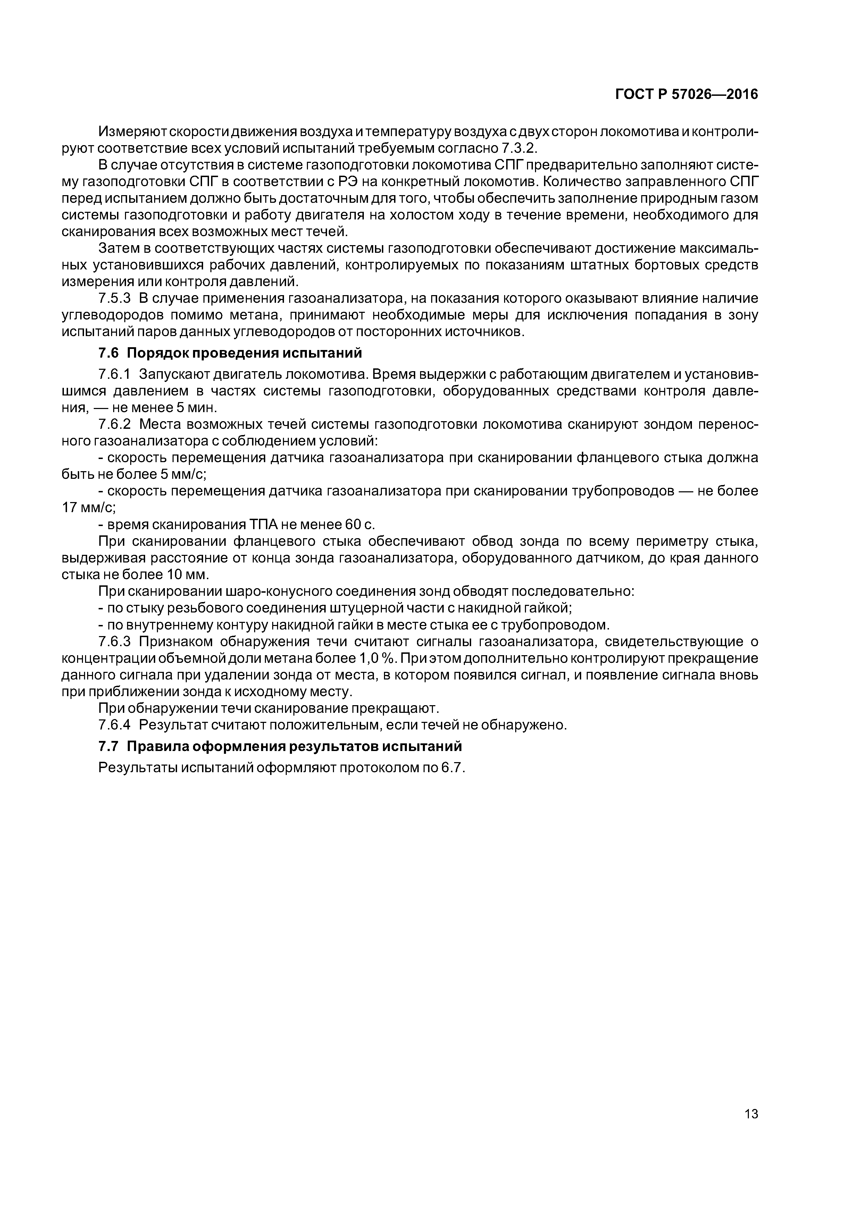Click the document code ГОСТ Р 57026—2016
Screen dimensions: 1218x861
686,94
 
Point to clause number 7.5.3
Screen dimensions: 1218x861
115,299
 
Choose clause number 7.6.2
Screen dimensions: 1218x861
115,424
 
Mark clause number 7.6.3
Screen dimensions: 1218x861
115,642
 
